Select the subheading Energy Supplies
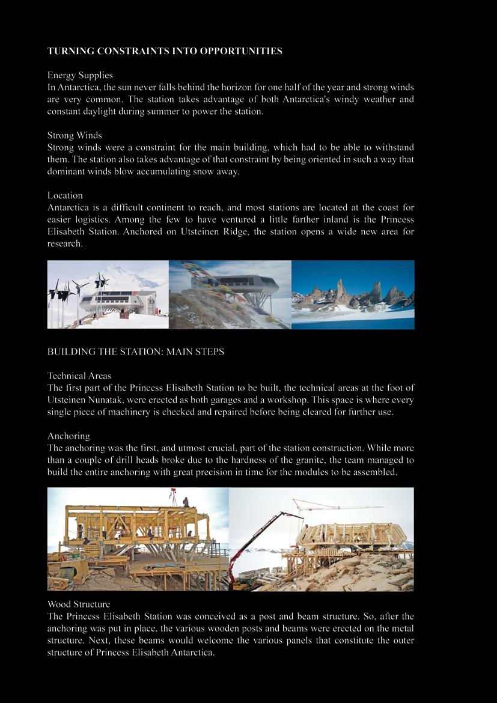click(x=80, y=75)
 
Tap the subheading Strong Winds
click(x=75, y=135)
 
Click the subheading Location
click(x=65, y=195)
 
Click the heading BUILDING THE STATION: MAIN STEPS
click(x=136, y=351)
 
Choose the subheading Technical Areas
click(x=79, y=376)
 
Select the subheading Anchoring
click(x=69, y=436)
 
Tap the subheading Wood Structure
click(x=79, y=604)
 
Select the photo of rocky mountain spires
click(x=353, y=294)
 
